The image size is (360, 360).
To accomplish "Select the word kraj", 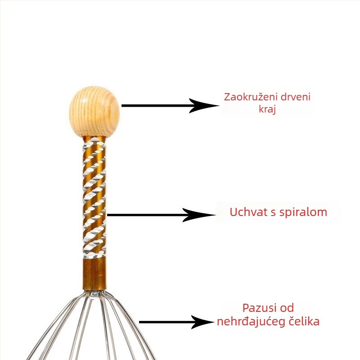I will tap(267, 109).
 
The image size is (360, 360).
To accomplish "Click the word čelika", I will tap(305, 322).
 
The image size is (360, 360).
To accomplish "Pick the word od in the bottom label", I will tap(287, 308).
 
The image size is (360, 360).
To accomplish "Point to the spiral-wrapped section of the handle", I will tap(94, 198).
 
